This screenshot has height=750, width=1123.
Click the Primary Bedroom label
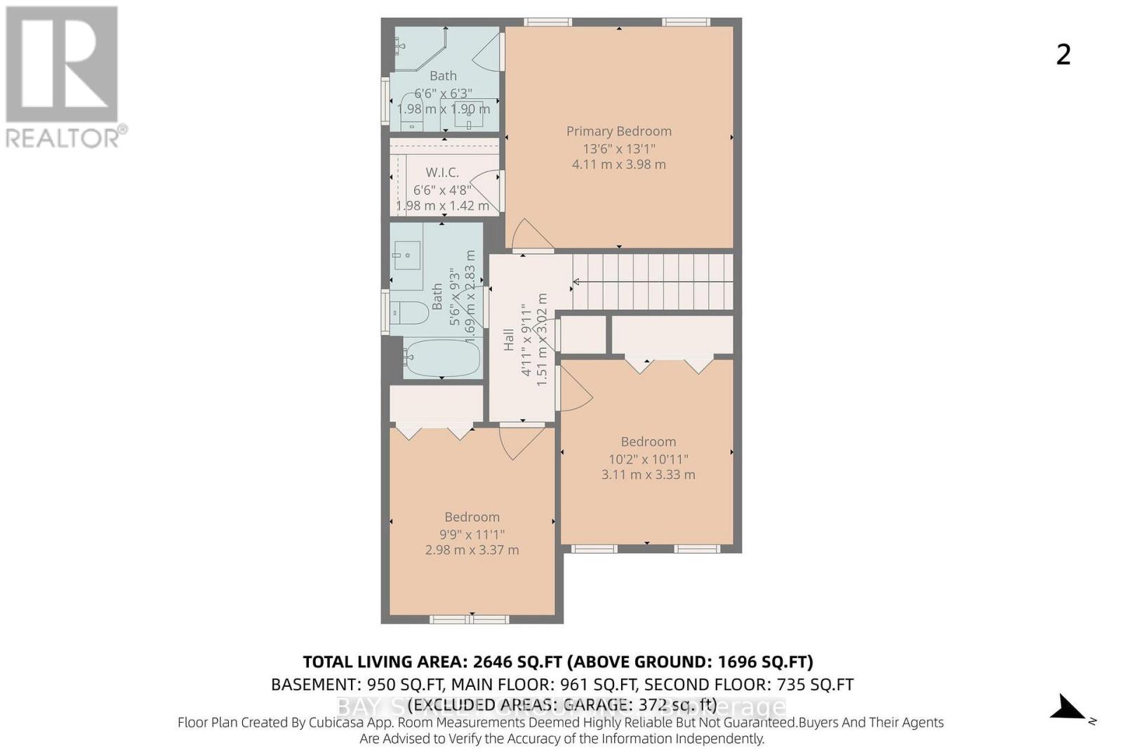[618, 131]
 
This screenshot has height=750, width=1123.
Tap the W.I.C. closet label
[442, 172]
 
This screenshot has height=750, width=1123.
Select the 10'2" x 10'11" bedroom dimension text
[648, 459]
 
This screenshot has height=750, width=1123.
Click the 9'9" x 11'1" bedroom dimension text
[472, 534]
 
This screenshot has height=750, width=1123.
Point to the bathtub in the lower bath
[441, 357]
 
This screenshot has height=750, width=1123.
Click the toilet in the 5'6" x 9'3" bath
[409, 312]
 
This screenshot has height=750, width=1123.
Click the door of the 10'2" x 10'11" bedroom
[574, 388]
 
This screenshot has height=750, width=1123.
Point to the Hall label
[509, 340]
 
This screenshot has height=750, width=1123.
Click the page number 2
[1063, 55]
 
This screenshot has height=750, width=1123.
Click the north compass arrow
[1070, 708]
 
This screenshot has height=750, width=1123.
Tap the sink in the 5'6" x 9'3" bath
[406, 256]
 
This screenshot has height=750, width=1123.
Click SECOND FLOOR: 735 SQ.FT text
[748, 684]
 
